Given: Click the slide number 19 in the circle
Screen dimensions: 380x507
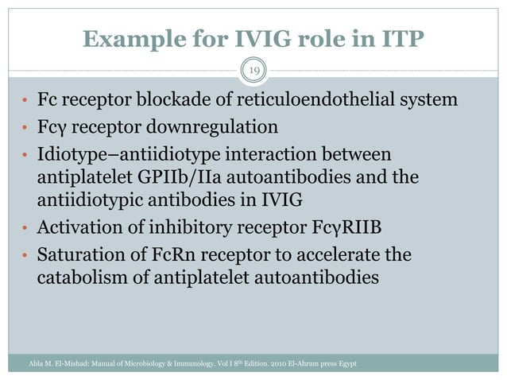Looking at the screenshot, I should [x=253, y=72].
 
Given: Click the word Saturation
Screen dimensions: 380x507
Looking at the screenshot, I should [x=78, y=256].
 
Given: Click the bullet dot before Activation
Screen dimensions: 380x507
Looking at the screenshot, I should [x=25, y=231].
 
